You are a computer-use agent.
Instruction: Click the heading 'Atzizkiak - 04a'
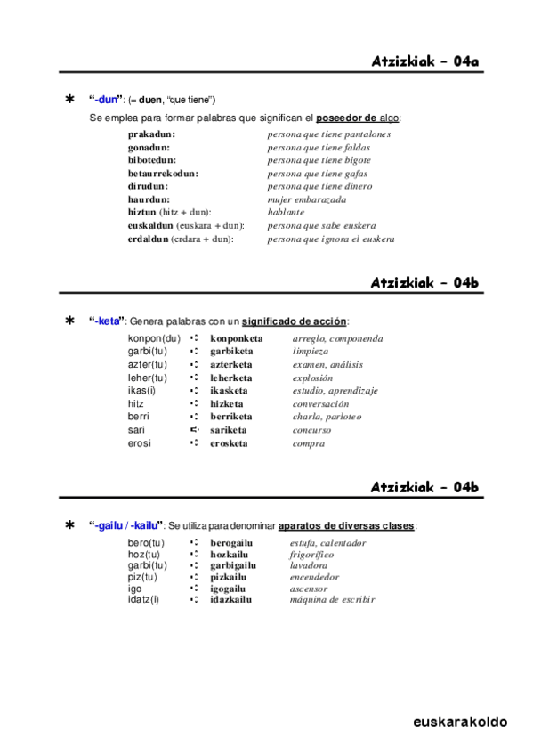[425, 61]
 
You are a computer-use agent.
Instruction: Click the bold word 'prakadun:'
[150, 134]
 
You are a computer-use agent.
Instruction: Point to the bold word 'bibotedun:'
[152, 160]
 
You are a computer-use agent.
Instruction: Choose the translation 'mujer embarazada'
[307, 199]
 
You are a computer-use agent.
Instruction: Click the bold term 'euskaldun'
[150, 226]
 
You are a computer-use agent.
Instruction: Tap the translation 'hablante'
[286, 213]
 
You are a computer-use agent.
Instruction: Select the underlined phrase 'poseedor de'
[346, 118]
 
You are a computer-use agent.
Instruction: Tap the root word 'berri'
[138, 417]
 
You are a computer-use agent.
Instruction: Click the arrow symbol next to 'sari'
[193, 430]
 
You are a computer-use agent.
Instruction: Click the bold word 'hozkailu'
[229, 554]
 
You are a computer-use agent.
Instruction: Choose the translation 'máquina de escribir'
[332, 599]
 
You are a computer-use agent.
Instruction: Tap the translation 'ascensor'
[309, 589]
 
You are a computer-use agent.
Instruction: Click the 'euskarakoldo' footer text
[459, 721]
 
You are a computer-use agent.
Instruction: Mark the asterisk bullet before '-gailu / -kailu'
[70, 526]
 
